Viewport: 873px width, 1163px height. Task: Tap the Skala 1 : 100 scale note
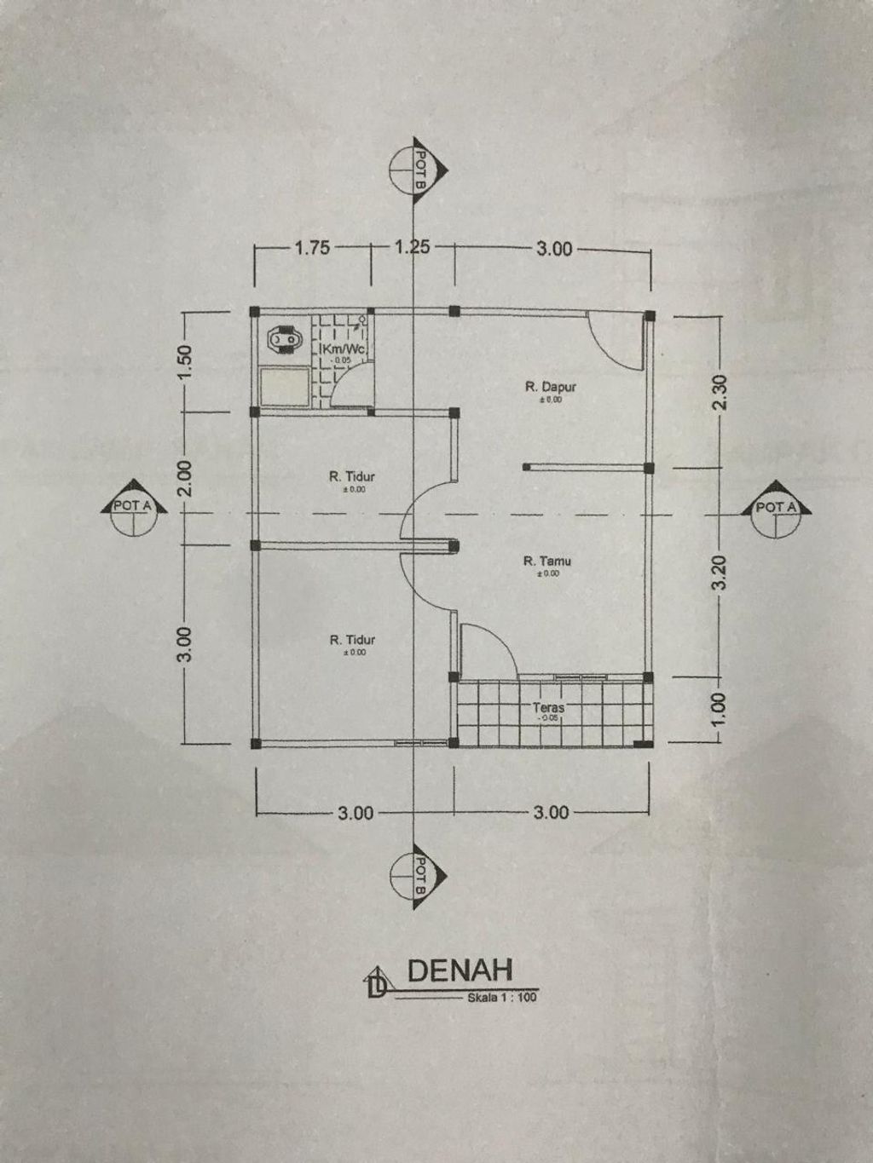click(502, 999)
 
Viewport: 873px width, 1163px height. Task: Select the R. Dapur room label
click(550, 388)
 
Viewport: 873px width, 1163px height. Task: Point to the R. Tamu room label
click(546, 561)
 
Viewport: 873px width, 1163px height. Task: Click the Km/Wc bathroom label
click(343, 350)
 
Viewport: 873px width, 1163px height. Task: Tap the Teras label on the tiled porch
click(548, 707)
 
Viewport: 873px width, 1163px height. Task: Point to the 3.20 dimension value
click(720, 573)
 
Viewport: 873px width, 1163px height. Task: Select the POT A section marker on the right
click(778, 514)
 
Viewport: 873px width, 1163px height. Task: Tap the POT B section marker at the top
click(418, 170)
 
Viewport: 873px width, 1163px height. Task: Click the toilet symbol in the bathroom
click(283, 340)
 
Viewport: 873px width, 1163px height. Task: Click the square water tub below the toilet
click(285, 388)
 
